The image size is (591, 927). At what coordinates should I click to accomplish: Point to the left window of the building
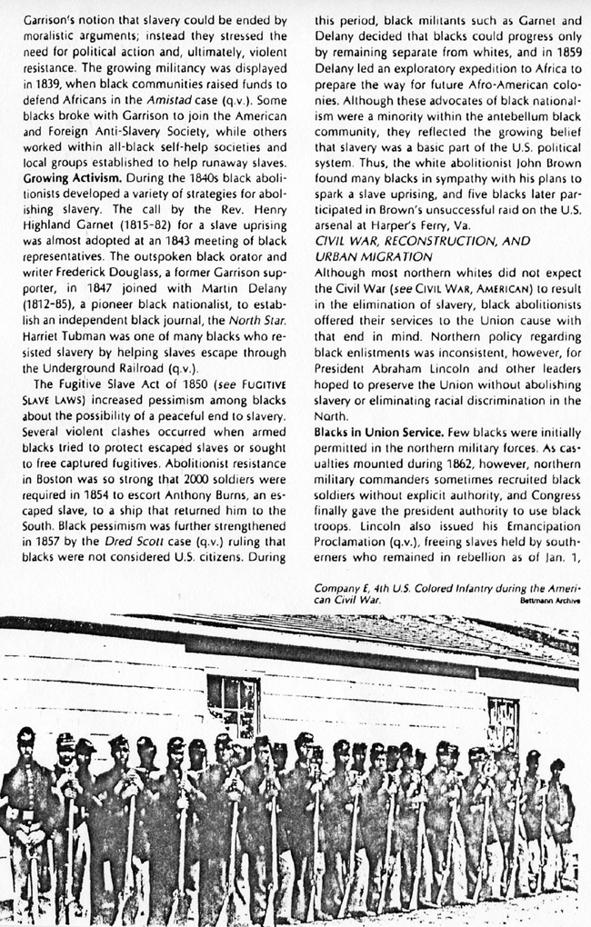point(233,706)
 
